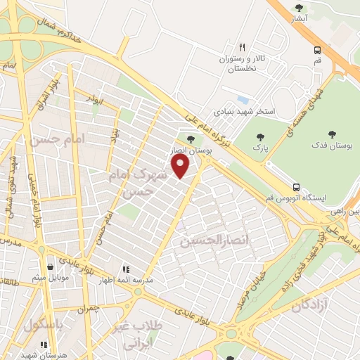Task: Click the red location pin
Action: [x=181, y=166]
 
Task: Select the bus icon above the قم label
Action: [x=318, y=50]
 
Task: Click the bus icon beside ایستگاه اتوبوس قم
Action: [x=297, y=188]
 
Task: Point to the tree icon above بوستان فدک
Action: [x=332, y=134]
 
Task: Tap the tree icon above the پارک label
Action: [x=261, y=136]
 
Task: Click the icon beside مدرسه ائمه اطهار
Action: [x=127, y=269]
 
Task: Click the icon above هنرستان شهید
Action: [x=44, y=345]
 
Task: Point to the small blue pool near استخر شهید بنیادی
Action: [x=243, y=99]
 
